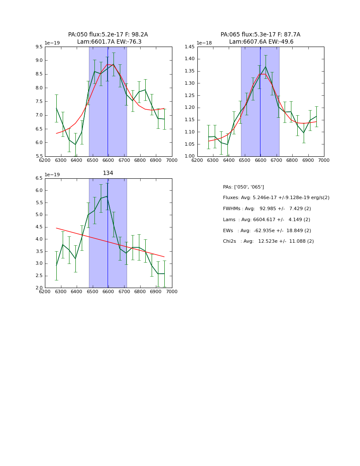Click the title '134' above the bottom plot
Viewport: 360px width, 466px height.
tap(108, 173)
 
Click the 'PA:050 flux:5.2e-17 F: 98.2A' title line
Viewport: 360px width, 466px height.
tap(108, 35)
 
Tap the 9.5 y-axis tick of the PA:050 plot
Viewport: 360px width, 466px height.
tap(39, 47)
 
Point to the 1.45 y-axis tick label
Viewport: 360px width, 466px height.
tap(189, 47)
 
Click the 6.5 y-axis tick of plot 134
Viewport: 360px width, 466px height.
tap(39, 178)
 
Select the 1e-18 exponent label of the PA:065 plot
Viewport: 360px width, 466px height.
tap(205, 43)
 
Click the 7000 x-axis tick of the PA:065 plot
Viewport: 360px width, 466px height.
tap(324, 160)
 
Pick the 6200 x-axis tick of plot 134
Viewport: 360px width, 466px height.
tap(45, 291)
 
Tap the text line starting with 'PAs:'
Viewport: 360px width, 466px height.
tap(243, 187)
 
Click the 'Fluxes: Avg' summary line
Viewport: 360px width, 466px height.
tap(276, 198)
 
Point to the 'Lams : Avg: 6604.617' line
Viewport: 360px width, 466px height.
tap(266, 220)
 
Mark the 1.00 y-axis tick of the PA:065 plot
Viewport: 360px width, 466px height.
tap(189, 156)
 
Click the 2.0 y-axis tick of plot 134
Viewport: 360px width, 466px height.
tap(39, 288)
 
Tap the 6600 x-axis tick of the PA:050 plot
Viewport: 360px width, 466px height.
tap(108, 160)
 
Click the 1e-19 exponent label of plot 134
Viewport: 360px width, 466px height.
tap(53, 175)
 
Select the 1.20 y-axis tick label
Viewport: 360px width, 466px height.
tap(189, 108)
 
